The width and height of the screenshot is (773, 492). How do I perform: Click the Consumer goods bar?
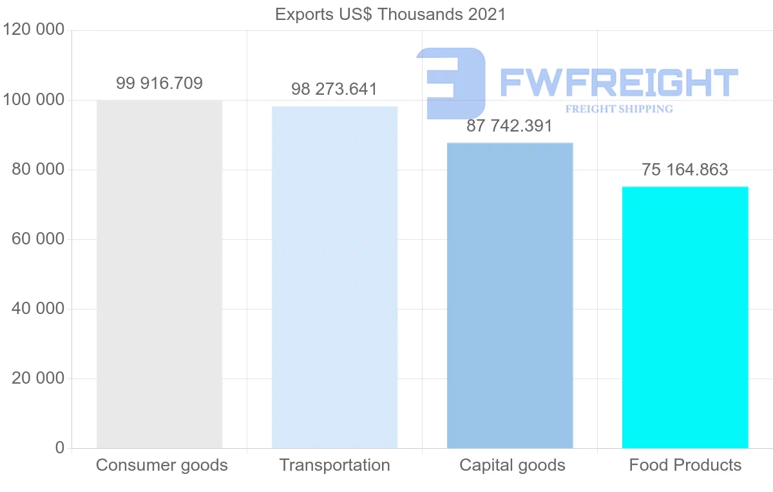pos(159,274)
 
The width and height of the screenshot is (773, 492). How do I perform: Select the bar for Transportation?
pos(334,277)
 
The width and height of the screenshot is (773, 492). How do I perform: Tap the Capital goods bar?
pos(510,295)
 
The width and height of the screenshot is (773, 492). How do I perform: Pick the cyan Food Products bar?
pos(685,317)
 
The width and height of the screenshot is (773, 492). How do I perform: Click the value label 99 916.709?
pos(159,83)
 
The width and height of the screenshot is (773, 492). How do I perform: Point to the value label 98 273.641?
pos(334,89)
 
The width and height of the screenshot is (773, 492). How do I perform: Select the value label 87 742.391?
pos(510,126)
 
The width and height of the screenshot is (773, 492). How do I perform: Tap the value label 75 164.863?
pos(685,170)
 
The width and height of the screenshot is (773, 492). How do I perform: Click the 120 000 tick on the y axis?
pos(33,30)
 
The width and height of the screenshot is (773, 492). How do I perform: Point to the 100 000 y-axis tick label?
pos(33,100)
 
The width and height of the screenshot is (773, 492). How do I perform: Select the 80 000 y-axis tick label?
pos(38,170)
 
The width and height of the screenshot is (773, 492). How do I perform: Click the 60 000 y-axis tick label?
pos(38,239)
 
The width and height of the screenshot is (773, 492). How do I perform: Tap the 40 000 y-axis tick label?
pos(38,309)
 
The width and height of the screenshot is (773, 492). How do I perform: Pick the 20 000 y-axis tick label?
pos(38,379)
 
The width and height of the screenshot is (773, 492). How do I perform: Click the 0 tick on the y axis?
pos(59,448)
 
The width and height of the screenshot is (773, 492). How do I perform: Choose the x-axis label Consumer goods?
pos(162,465)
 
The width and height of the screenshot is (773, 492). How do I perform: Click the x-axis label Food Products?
pos(685,465)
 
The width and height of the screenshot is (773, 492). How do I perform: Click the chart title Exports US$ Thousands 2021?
pos(390,14)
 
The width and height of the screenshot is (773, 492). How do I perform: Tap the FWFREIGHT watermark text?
pos(618,83)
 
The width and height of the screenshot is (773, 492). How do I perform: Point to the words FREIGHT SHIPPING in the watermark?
pos(619,109)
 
